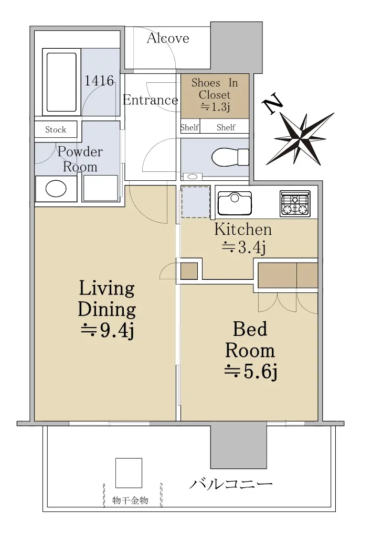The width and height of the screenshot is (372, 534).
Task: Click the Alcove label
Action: point(168,38)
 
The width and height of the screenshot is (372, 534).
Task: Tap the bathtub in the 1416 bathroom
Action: point(61,82)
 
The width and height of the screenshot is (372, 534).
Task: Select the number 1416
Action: point(99,81)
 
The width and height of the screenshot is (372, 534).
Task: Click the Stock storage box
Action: point(56,129)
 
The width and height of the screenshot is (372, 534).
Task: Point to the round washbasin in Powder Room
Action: point(56,189)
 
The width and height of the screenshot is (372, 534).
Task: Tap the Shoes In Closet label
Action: point(215,89)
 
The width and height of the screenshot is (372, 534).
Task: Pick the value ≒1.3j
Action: point(215,107)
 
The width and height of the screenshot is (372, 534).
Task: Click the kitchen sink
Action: point(235,203)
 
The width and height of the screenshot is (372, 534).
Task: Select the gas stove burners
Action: point(295,204)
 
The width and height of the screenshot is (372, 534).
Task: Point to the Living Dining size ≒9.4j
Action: point(107,330)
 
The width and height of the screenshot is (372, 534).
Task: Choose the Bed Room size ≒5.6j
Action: point(250,372)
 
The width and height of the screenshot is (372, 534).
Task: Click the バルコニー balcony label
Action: point(231,484)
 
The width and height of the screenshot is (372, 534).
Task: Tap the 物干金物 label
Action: point(130,500)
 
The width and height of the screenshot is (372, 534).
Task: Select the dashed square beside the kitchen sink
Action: point(195,202)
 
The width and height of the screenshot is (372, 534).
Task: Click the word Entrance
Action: point(151,100)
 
